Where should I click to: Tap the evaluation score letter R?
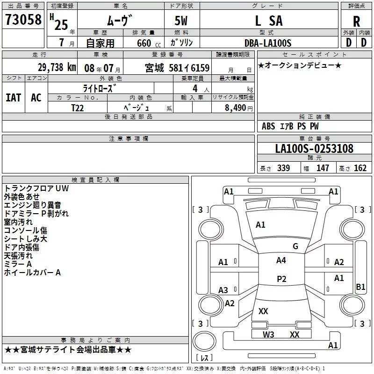(356, 21)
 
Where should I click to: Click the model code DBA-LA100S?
(267, 43)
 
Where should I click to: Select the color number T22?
(78, 108)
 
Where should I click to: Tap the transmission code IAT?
(13, 97)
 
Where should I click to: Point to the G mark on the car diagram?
(295, 246)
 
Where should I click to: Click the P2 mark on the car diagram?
(281, 279)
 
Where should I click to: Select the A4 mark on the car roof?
(281, 260)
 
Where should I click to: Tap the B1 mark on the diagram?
(360, 287)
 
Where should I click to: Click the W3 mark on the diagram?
(268, 334)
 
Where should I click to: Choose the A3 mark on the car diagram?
(223, 290)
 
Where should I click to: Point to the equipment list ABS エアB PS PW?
(290, 126)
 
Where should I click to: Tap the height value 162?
(360, 168)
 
